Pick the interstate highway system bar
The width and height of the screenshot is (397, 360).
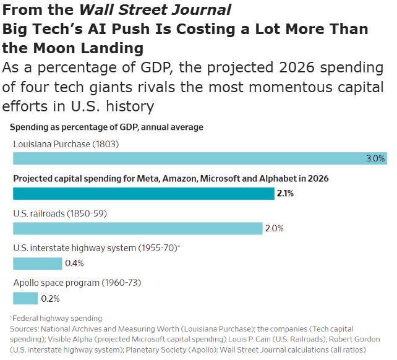(38, 264)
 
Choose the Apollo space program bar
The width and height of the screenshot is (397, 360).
(25, 298)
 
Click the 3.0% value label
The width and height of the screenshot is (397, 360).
(375, 158)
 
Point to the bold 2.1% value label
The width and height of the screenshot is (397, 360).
(285, 194)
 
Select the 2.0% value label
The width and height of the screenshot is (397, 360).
(274, 228)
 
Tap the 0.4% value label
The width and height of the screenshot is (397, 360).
(74, 264)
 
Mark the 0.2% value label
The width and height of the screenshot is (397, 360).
(49, 298)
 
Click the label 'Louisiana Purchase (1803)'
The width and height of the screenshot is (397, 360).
(66, 144)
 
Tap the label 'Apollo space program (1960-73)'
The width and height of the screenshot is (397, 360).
(77, 283)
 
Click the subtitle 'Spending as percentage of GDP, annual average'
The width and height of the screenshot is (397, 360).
(106, 127)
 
